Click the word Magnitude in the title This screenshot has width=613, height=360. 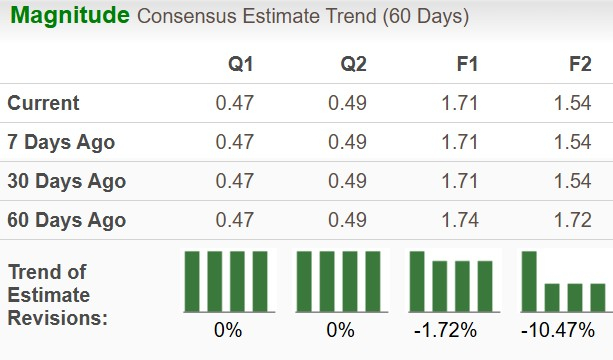tap(69, 16)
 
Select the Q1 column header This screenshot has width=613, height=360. tap(240, 64)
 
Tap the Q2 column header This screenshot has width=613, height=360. tap(353, 64)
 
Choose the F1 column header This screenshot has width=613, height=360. tap(466, 64)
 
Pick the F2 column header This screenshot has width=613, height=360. tap(580, 64)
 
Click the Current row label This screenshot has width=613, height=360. tap(43, 103)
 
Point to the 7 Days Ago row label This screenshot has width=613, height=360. tap(61, 142)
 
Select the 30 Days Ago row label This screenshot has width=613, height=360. tap(66, 181)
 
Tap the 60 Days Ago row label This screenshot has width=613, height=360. tap(66, 220)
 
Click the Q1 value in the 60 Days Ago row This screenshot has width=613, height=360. tap(235, 220)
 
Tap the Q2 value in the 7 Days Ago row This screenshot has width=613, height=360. tap(348, 142)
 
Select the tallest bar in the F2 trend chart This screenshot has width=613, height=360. tap(529, 281)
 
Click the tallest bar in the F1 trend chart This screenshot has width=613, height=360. tap(417, 281)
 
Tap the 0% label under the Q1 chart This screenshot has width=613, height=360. tap(227, 330)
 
